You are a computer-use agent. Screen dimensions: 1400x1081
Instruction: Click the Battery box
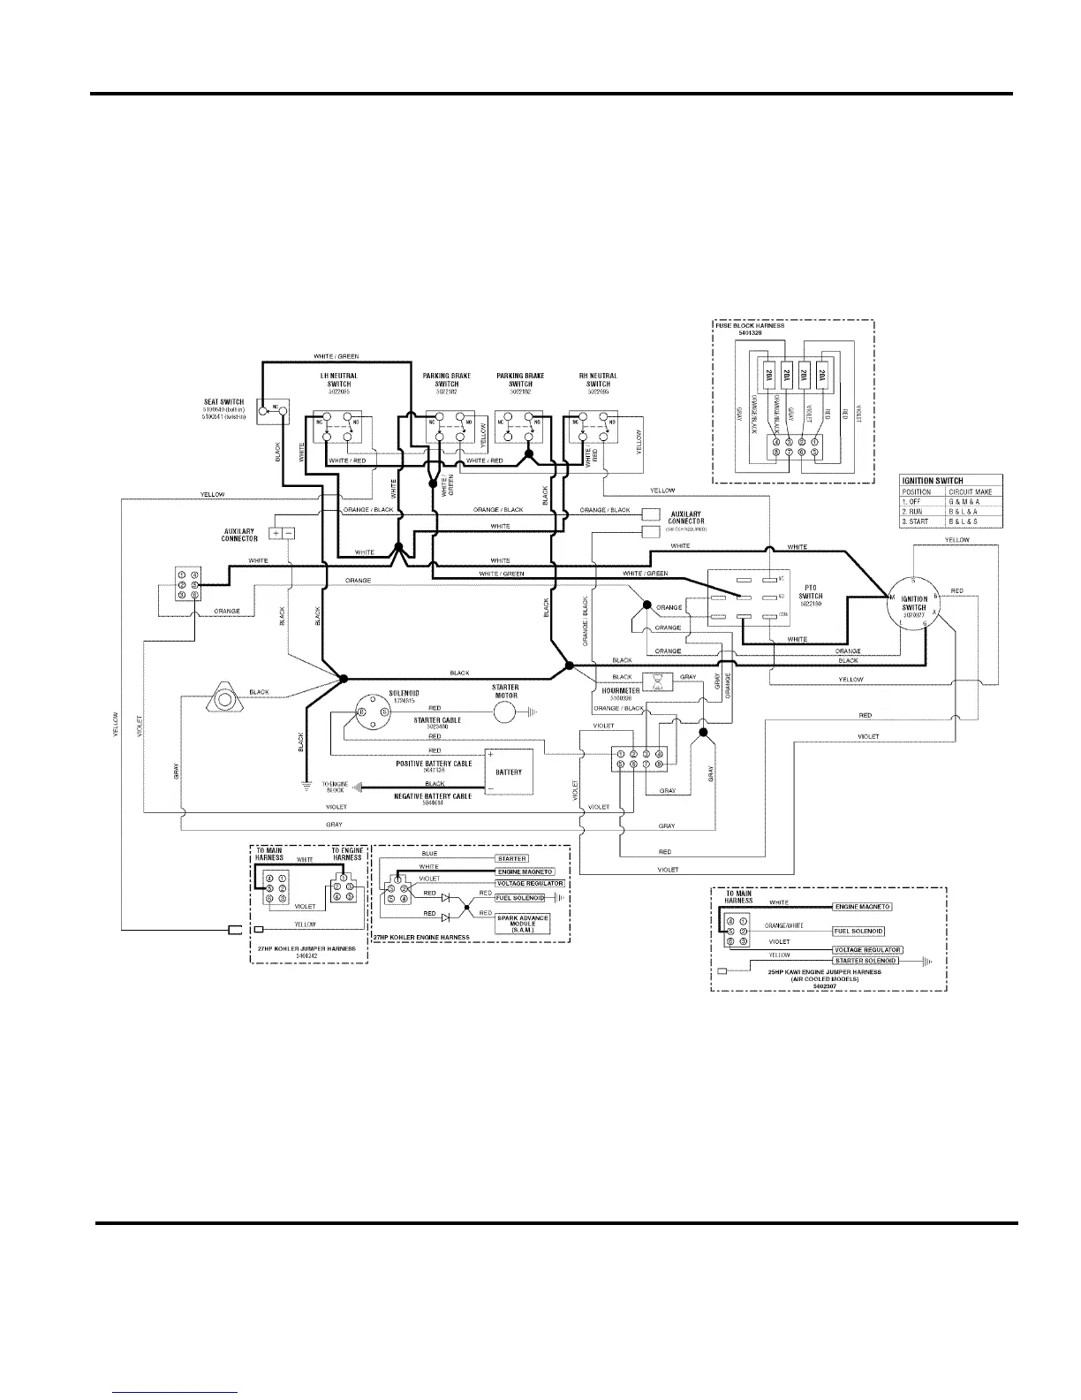[507, 772]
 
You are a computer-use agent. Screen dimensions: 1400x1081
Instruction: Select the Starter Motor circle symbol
[505, 711]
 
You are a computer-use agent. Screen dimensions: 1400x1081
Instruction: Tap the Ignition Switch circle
[913, 607]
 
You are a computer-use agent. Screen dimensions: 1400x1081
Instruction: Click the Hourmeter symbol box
[658, 681]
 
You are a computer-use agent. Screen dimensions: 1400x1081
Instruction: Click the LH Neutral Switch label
[338, 380]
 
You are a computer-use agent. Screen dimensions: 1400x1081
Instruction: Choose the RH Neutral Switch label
[597, 380]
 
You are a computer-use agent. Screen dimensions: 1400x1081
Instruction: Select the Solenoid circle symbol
[373, 711]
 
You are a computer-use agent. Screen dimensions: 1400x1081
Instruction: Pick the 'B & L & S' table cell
[963, 521]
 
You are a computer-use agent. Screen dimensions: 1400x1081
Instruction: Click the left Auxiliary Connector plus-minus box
[282, 534]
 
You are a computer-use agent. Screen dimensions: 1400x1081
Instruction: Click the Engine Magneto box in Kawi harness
[863, 907]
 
